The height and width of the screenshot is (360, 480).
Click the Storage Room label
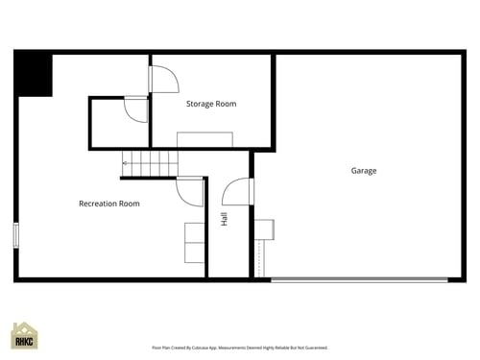(x=211, y=104)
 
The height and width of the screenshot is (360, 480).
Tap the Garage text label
(x=363, y=171)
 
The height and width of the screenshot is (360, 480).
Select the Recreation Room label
(x=108, y=204)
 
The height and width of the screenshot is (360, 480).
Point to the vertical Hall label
(x=224, y=219)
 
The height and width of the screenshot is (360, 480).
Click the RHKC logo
(x=24, y=336)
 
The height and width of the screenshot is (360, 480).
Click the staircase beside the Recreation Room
(x=153, y=164)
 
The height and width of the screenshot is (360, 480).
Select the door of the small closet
(x=135, y=110)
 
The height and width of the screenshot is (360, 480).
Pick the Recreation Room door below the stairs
(x=189, y=191)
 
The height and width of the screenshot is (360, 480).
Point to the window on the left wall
(x=15, y=235)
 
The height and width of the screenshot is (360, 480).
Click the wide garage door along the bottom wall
(x=359, y=279)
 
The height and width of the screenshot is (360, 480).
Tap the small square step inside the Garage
(x=264, y=228)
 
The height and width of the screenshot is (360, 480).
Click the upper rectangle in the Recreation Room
(x=194, y=232)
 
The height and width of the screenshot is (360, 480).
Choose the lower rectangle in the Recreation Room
(x=194, y=253)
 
